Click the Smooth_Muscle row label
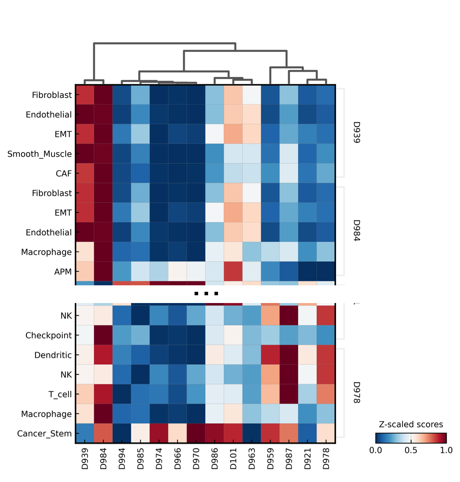(39, 154)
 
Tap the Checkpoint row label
(48, 335)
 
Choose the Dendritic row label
(53, 355)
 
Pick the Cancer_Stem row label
(44, 433)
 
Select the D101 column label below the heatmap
(233, 459)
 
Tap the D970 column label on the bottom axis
(196, 459)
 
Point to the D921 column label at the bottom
(308, 459)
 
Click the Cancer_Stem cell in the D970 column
(196, 433)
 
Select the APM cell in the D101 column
(233, 272)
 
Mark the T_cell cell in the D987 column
(289, 395)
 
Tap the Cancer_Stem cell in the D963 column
(252, 433)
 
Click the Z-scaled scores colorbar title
(411, 425)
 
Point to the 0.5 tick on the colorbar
(411, 450)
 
